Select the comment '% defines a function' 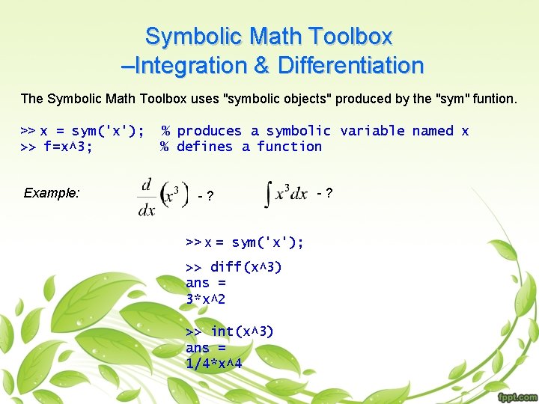(x=241, y=147)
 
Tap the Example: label (x=52, y=193)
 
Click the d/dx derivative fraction (x=147, y=196)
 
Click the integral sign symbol (x=269, y=194)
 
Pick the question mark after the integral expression (x=329, y=193)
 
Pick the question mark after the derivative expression (x=210, y=197)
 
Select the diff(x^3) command (x=234, y=267)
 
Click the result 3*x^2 (x=206, y=299)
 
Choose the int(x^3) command (x=230, y=331)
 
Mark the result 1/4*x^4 (x=213, y=364)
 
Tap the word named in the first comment (x=433, y=131)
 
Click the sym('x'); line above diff (x=245, y=242)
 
